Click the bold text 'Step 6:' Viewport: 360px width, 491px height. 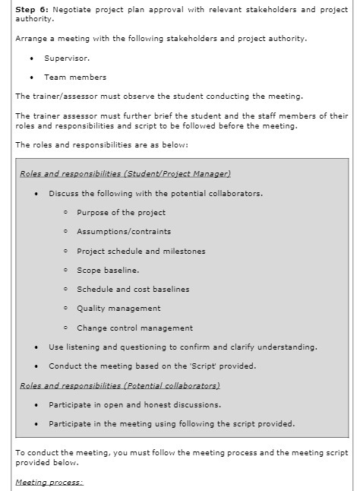pos(32,8)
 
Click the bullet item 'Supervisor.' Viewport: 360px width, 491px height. pos(67,58)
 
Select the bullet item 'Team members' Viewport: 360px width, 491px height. pos(75,77)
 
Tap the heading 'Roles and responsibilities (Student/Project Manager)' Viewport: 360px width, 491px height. pos(125,174)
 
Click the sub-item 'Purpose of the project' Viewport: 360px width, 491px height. pos(121,212)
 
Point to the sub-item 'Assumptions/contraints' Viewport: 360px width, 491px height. pos(124,232)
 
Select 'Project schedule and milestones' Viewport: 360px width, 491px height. pos(141,251)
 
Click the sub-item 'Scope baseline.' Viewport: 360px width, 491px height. pos(108,270)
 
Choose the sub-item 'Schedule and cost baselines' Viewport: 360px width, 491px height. pos(133,289)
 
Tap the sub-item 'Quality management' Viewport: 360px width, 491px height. pos(118,309)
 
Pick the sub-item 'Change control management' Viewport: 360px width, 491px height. pos(134,328)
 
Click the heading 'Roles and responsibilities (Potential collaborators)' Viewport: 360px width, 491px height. pos(120,385)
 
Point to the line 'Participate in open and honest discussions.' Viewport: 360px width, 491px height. pos(135,404)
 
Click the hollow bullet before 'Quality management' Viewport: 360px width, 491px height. pos(67,309)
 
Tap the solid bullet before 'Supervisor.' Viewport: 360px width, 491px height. pos(31,58)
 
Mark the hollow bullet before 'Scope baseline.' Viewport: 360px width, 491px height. pos(67,270)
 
